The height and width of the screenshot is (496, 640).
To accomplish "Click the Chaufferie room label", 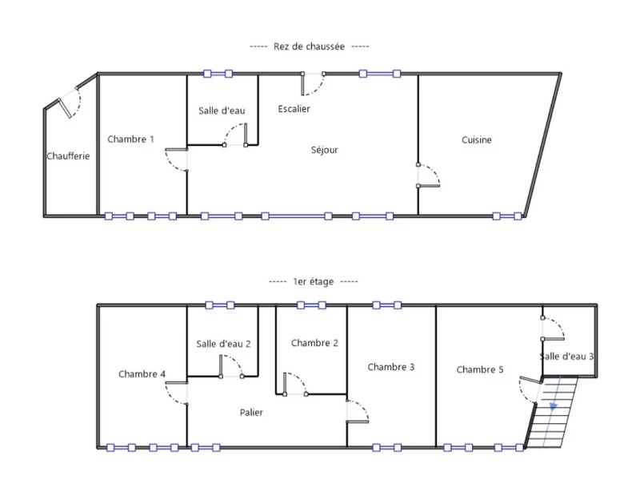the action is pyautogui.click(x=68, y=156).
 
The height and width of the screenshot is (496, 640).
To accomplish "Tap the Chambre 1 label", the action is pyautogui.click(x=130, y=139).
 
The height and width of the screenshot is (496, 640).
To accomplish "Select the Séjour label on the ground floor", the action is pyautogui.click(x=325, y=150).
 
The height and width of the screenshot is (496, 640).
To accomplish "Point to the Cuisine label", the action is pyautogui.click(x=476, y=140).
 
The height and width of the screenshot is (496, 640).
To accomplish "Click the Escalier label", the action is pyautogui.click(x=294, y=109).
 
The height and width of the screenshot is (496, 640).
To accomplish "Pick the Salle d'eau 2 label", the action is pyautogui.click(x=223, y=344).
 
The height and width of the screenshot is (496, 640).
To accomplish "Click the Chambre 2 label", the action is pyautogui.click(x=314, y=343).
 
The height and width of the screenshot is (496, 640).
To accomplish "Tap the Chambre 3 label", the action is pyautogui.click(x=390, y=367).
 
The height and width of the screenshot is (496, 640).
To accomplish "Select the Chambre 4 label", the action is pyautogui.click(x=142, y=374).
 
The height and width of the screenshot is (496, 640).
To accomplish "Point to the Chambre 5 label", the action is pyautogui.click(x=479, y=369).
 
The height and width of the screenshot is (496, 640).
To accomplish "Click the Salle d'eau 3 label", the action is pyautogui.click(x=566, y=357).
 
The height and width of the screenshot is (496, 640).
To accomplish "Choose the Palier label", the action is pyautogui.click(x=251, y=413).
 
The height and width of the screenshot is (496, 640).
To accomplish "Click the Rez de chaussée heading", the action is pyautogui.click(x=309, y=46).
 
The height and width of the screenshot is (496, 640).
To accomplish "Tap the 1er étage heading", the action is pyautogui.click(x=313, y=282).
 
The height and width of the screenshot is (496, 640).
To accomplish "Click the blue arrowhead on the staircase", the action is pyautogui.click(x=554, y=406).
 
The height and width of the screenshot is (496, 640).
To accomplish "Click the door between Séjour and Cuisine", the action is pyautogui.click(x=429, y=175).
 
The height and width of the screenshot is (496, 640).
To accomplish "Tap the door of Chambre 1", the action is pyautogui.click(x=176, y=160).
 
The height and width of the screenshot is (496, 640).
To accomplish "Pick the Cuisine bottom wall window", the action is pyautogui.click(x=507, y=216).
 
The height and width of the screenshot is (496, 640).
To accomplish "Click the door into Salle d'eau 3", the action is pyautogui.click(x=553, y=329).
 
